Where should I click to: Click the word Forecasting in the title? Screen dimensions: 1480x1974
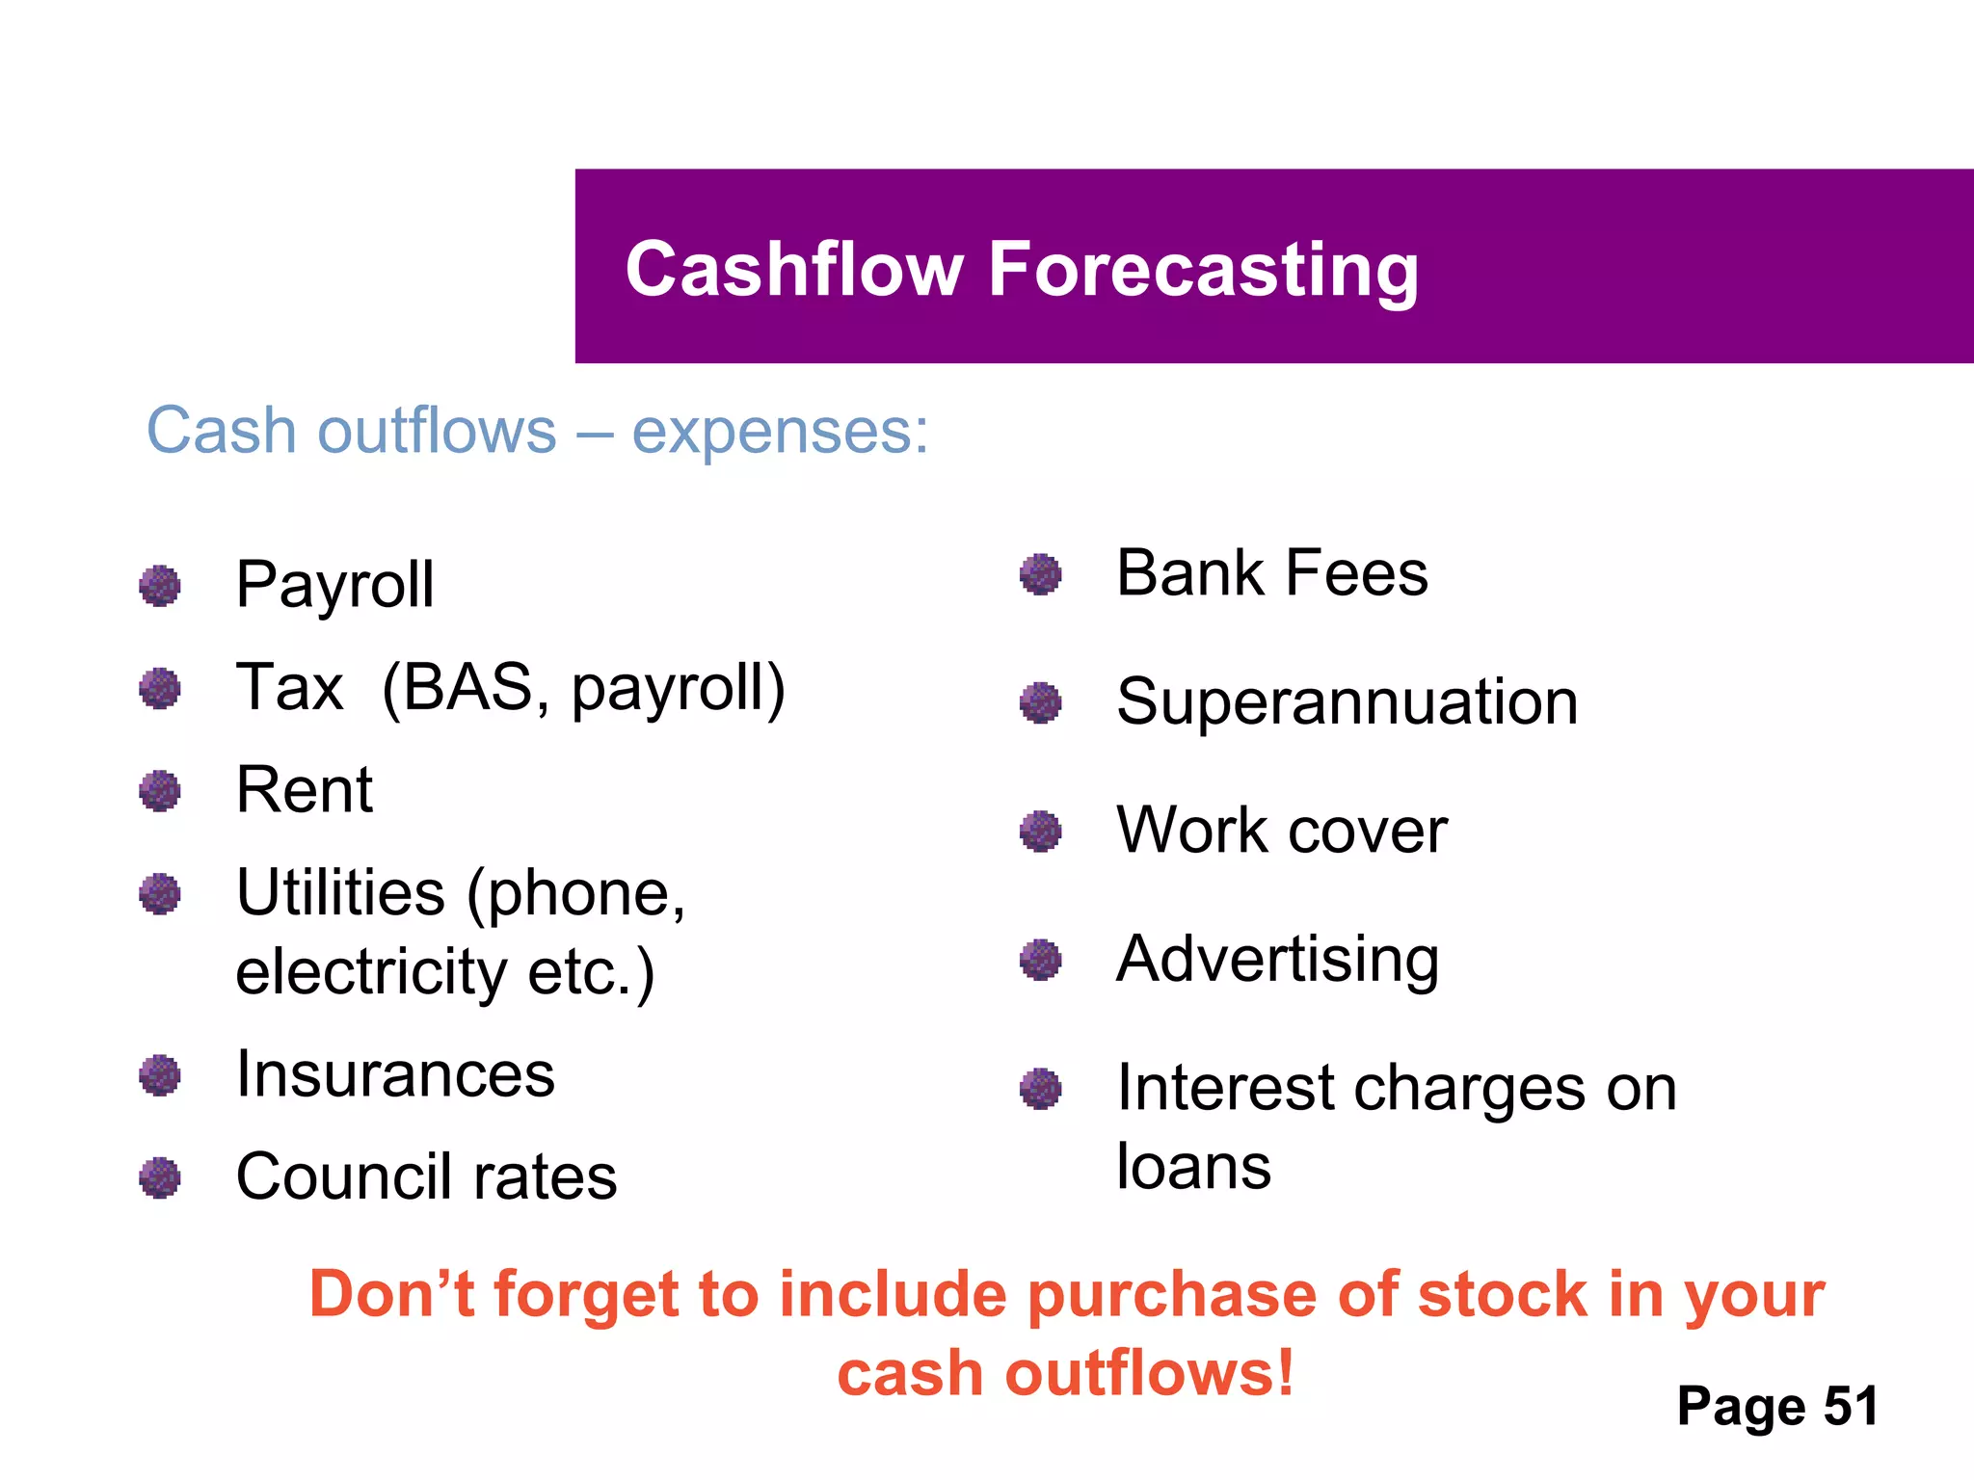(x=1203, y=270)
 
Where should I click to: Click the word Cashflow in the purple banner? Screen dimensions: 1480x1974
(x=794, y=270)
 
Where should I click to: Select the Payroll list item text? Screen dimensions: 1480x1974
(x=334, y=585)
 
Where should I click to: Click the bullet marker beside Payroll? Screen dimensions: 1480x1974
(x=160, y=586)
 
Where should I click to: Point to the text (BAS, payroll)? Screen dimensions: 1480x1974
(x=583, y=689)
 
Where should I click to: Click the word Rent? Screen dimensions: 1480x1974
(x=304, y=790)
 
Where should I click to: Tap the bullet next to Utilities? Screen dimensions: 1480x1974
(x=160, y=894)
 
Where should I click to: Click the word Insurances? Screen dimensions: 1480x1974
(x=395, y=1074)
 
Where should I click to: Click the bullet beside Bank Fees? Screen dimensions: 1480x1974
(x=1040, y=574)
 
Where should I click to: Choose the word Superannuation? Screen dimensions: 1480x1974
(x=1347, y=701)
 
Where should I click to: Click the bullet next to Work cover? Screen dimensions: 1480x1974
(x=1040, y=831)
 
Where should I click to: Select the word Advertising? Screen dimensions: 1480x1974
(x=1277, y=960)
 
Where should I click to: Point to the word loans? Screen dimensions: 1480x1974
(x=1193, y=1167)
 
